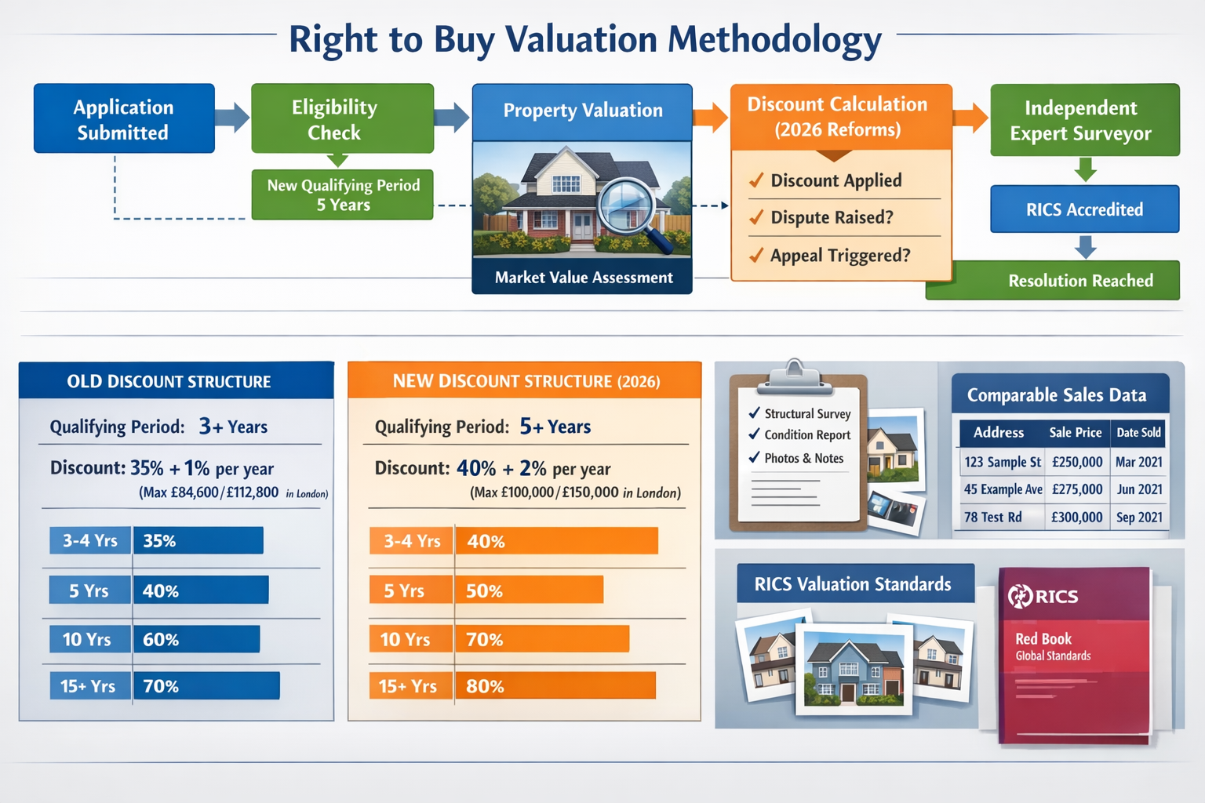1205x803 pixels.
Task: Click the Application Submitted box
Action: [124, 118]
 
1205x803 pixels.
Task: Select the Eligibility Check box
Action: [342, 118]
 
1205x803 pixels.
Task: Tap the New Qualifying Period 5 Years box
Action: [343, 194]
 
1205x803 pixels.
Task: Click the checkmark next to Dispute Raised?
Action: [756, 217]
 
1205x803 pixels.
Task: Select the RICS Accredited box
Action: [1084, 209]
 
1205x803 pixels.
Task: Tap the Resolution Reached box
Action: [1079, 281]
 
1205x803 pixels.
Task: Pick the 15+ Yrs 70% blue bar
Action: [206, 686]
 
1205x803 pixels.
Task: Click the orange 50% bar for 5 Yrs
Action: [529, 590]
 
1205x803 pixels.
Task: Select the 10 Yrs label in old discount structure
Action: [88, 639]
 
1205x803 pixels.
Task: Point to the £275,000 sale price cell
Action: [1077, 489]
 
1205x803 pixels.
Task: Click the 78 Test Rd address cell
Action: [994, 518]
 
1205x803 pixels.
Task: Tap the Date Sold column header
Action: [1138, 433]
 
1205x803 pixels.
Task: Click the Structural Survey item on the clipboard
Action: [806, 414]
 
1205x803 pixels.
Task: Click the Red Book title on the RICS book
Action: [1043, 639]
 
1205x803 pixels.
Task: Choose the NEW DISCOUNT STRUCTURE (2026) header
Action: [526, 381]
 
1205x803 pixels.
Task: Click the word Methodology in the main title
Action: [774, 39]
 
